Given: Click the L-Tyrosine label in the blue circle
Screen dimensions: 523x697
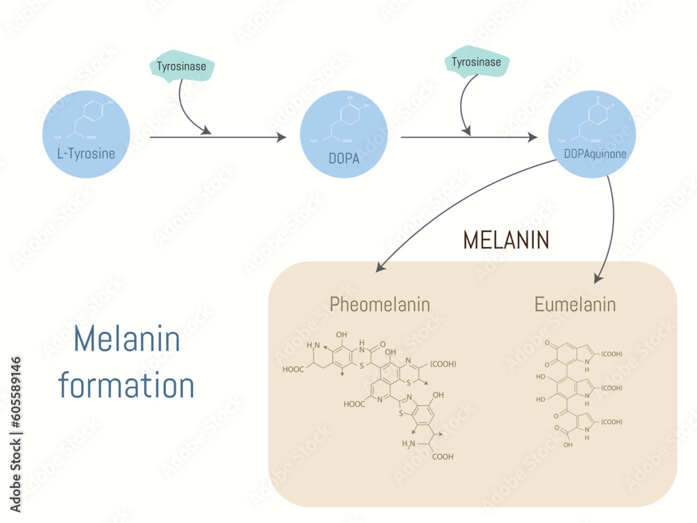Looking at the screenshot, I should [x=86, y=153].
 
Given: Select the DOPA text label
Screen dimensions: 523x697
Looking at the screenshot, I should [x=344, y=158].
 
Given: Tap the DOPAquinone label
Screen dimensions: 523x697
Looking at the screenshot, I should [x=592, y=153].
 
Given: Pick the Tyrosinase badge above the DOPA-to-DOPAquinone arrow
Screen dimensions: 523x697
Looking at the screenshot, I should [x=476, y=62].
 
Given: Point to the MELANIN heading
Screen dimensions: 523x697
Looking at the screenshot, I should [x=506, y=240].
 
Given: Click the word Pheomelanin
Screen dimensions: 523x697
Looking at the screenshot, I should [x=379, y=304].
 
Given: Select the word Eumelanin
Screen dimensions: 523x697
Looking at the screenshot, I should [x=575, y=304].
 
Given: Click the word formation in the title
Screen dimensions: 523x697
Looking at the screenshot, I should [x=126, y=385].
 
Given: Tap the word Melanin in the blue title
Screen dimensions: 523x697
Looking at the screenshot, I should [x=127, y=340].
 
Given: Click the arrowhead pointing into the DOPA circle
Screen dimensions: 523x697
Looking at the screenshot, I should [x=282, y=137].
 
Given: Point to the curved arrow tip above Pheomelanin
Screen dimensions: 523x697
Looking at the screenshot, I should [x=379, y=268].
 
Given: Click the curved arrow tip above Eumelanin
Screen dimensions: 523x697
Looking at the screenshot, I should [x=597, y=278].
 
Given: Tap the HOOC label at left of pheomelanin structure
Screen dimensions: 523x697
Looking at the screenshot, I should [x=293, y=370].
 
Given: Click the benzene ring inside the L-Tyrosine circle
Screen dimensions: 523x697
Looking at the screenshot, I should [x=95, y=112].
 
